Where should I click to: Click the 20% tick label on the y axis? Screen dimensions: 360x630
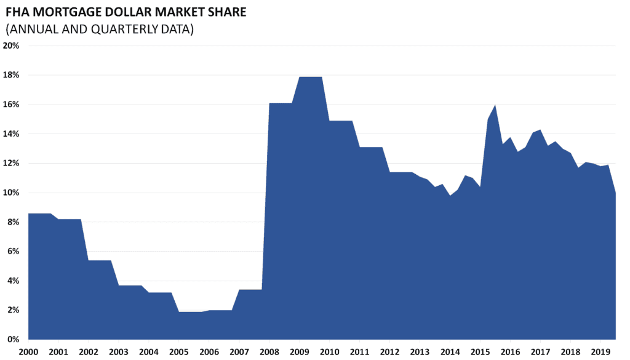point(12,46)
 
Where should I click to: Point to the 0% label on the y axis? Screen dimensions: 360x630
point(14,339)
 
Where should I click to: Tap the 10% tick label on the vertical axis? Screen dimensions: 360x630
point(12,193)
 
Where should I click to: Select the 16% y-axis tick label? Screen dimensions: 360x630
point(12,105)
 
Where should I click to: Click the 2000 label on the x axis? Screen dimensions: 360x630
point(28,351)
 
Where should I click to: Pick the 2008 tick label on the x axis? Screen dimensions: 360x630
point(269,351)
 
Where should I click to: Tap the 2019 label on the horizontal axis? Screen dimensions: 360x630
point(600,351)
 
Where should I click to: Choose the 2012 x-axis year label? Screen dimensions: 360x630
point(389,351)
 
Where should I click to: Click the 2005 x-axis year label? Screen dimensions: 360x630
point(178,351)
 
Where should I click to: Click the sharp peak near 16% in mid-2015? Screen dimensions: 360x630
point(495,105)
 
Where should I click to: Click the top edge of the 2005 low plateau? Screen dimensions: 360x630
point(189,312)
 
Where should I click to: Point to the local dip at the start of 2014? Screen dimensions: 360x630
point(450,196)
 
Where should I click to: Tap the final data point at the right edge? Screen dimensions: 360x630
point(615,193)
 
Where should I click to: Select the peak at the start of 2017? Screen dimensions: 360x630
point(540,130)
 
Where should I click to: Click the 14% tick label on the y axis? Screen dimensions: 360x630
point(12,134)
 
